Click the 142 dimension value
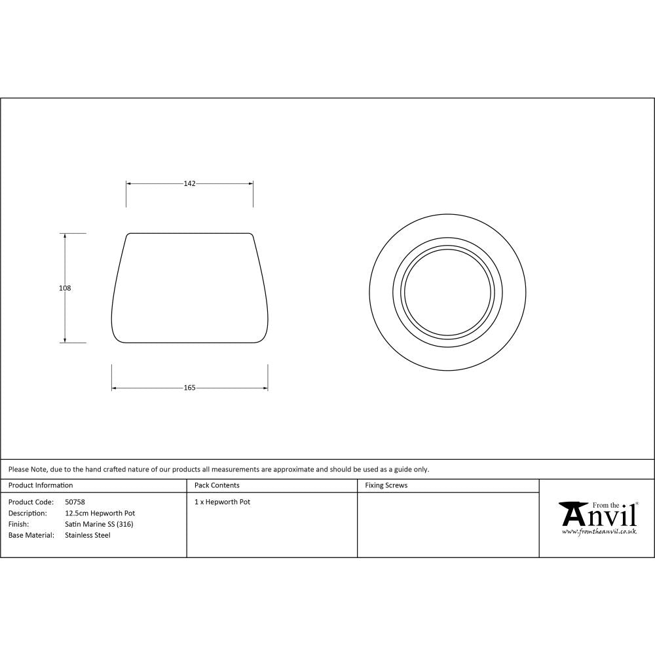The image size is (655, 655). (x=189, y=184)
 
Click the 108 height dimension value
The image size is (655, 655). (x=65, y=288)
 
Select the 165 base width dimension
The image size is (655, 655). (x=189, y=388)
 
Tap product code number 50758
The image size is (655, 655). (x=75, y=502)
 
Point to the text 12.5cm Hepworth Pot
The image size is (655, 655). (x=100, y=513)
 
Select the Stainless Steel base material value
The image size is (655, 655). (x=88, y=535)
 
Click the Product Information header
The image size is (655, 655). (x=41, y=485)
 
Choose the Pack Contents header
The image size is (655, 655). (x=217, y=485)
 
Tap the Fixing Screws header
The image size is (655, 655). (x=386, y=485)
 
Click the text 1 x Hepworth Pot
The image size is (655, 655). (x=222, y=502)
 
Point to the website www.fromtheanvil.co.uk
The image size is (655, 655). (x=599, y=532)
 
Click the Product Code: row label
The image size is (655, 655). (x=31, y=502)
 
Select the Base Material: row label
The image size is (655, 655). (x=31, y=535)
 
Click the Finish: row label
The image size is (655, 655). (x=18, y=524)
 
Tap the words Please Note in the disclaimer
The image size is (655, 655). (x=27, y=469)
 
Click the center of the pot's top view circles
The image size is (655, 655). (x=448, y=291)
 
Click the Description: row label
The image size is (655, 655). (x=28, y=513)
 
